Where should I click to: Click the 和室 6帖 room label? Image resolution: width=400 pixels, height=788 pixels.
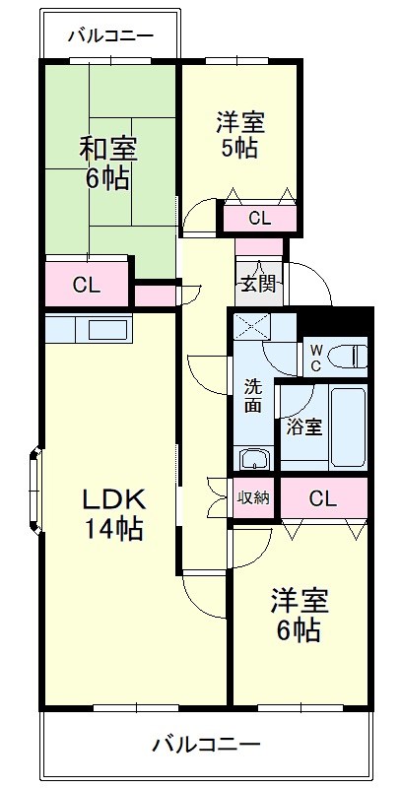pyautogui.click(x=108, y=164)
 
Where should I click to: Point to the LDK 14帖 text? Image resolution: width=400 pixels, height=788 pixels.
pyautogui.click(x=112, y=512)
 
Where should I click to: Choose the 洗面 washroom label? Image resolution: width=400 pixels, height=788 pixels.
pyautogui.click(x=254, y=395)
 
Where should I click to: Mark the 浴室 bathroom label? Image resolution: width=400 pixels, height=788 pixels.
pyautogui.click(x=302, y=427)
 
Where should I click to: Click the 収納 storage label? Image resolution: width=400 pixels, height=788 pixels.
pyautogui.click(x=254, y=496)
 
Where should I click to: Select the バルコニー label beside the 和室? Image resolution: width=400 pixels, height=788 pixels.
pyautogui.click(x=110, y=36)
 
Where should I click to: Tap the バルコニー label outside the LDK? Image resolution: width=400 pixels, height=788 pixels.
pyautogui.click(x=206, y=744)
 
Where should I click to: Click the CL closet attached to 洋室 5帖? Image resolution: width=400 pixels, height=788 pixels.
pyautogui.click(x=260, y=218)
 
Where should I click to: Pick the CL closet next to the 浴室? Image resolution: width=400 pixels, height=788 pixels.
pyautogui.click(x=322, y=497)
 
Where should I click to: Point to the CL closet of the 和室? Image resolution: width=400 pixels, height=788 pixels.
pyautogui.click(x=87, y=286)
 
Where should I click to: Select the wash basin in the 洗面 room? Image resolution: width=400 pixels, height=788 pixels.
pyautogui.click(x=254, y=458)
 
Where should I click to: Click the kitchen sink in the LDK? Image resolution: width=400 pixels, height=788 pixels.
pyautogui.click(x=102, y=329)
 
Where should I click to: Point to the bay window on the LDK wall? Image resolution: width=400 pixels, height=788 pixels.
pyautogui.click(x=35, y=490)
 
